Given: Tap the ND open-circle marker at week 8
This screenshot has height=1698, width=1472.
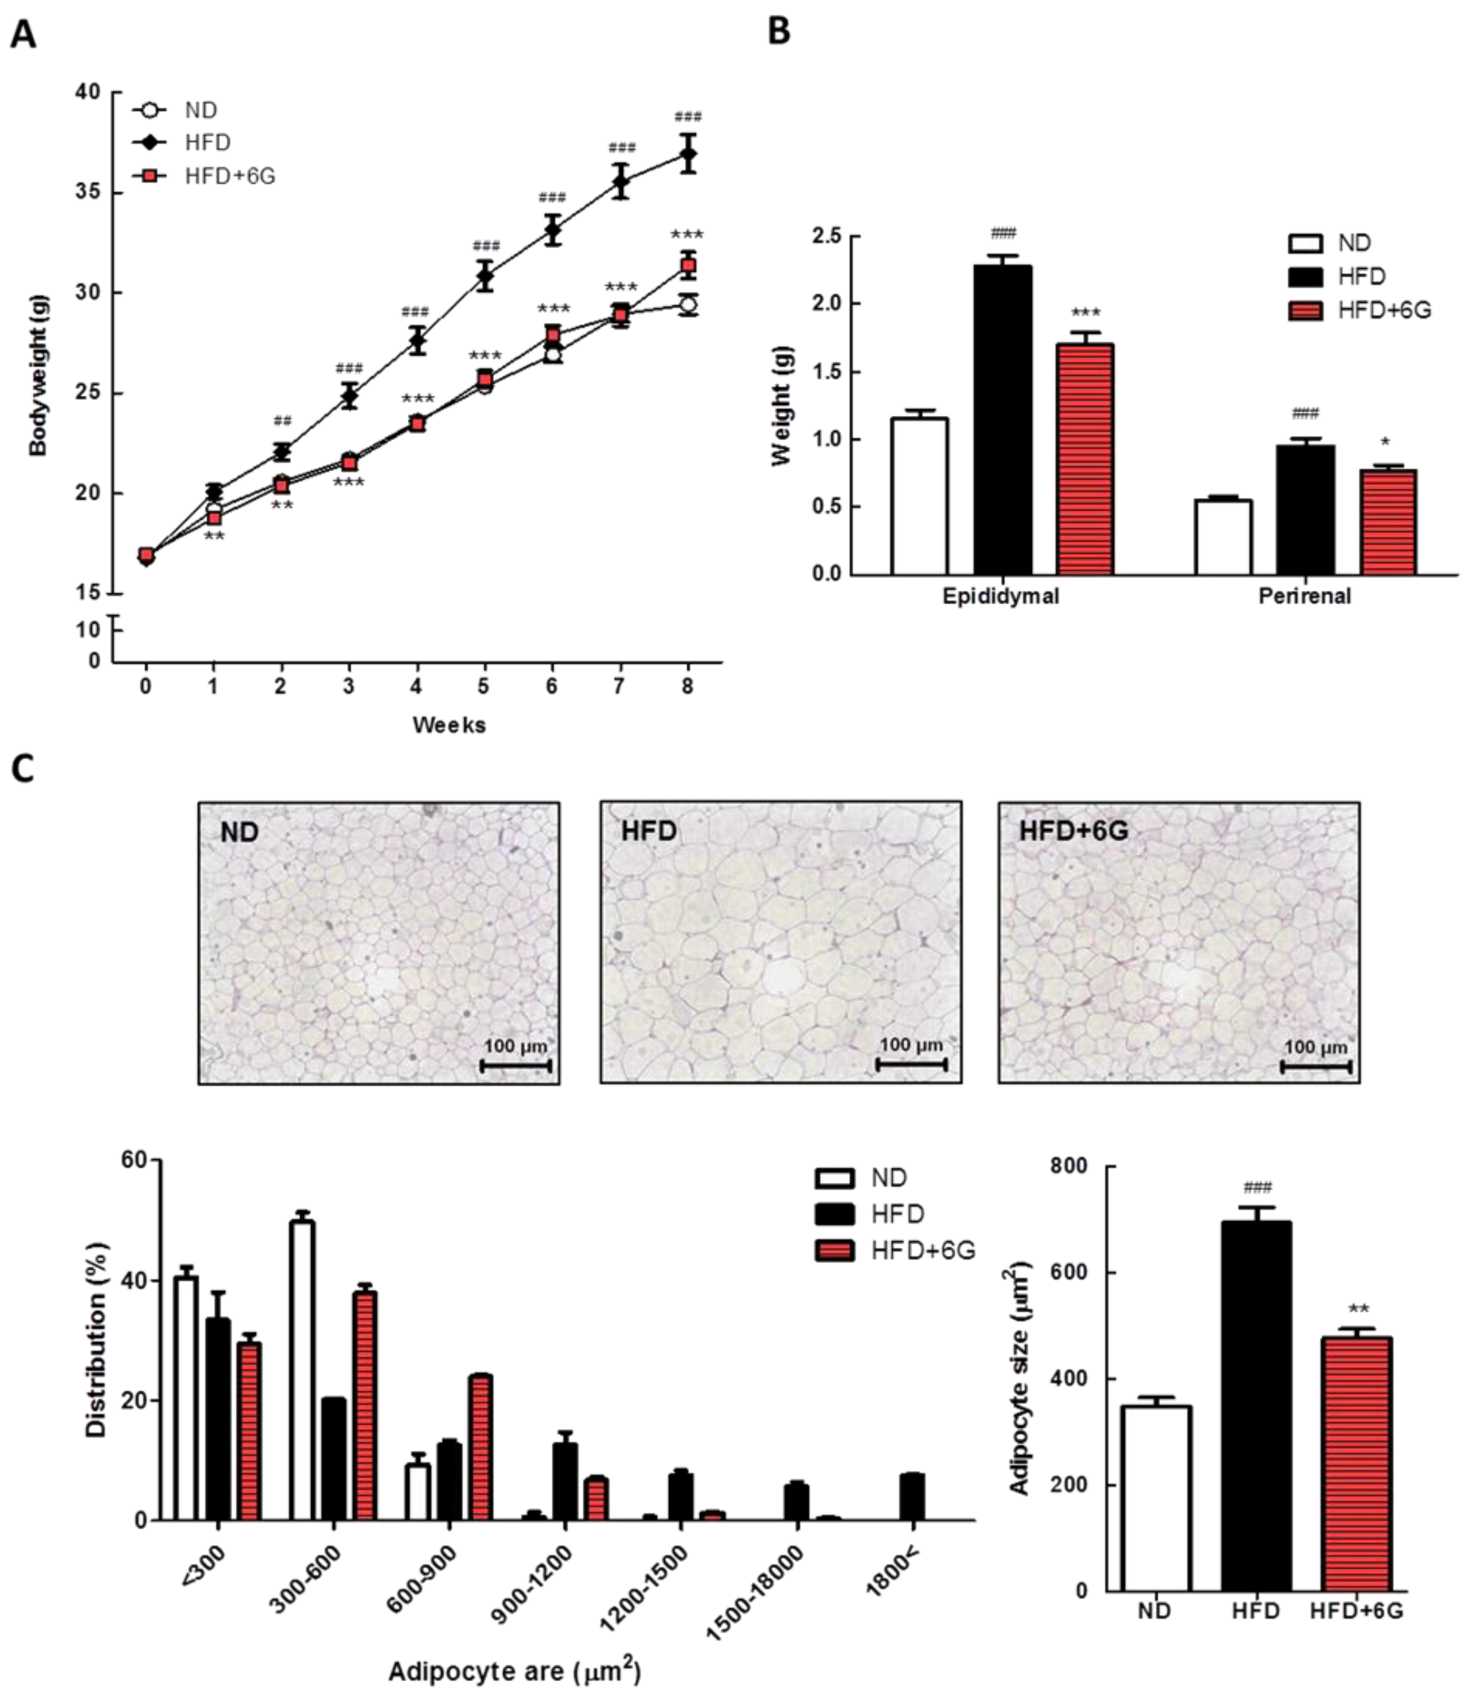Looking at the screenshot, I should tap(688, 305).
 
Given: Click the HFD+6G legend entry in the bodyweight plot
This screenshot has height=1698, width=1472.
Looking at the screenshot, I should tap(230, 176).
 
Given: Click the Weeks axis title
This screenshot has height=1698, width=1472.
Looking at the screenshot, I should tap(449, 725).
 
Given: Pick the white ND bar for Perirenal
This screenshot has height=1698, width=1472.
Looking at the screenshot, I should tap(1223, 537).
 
